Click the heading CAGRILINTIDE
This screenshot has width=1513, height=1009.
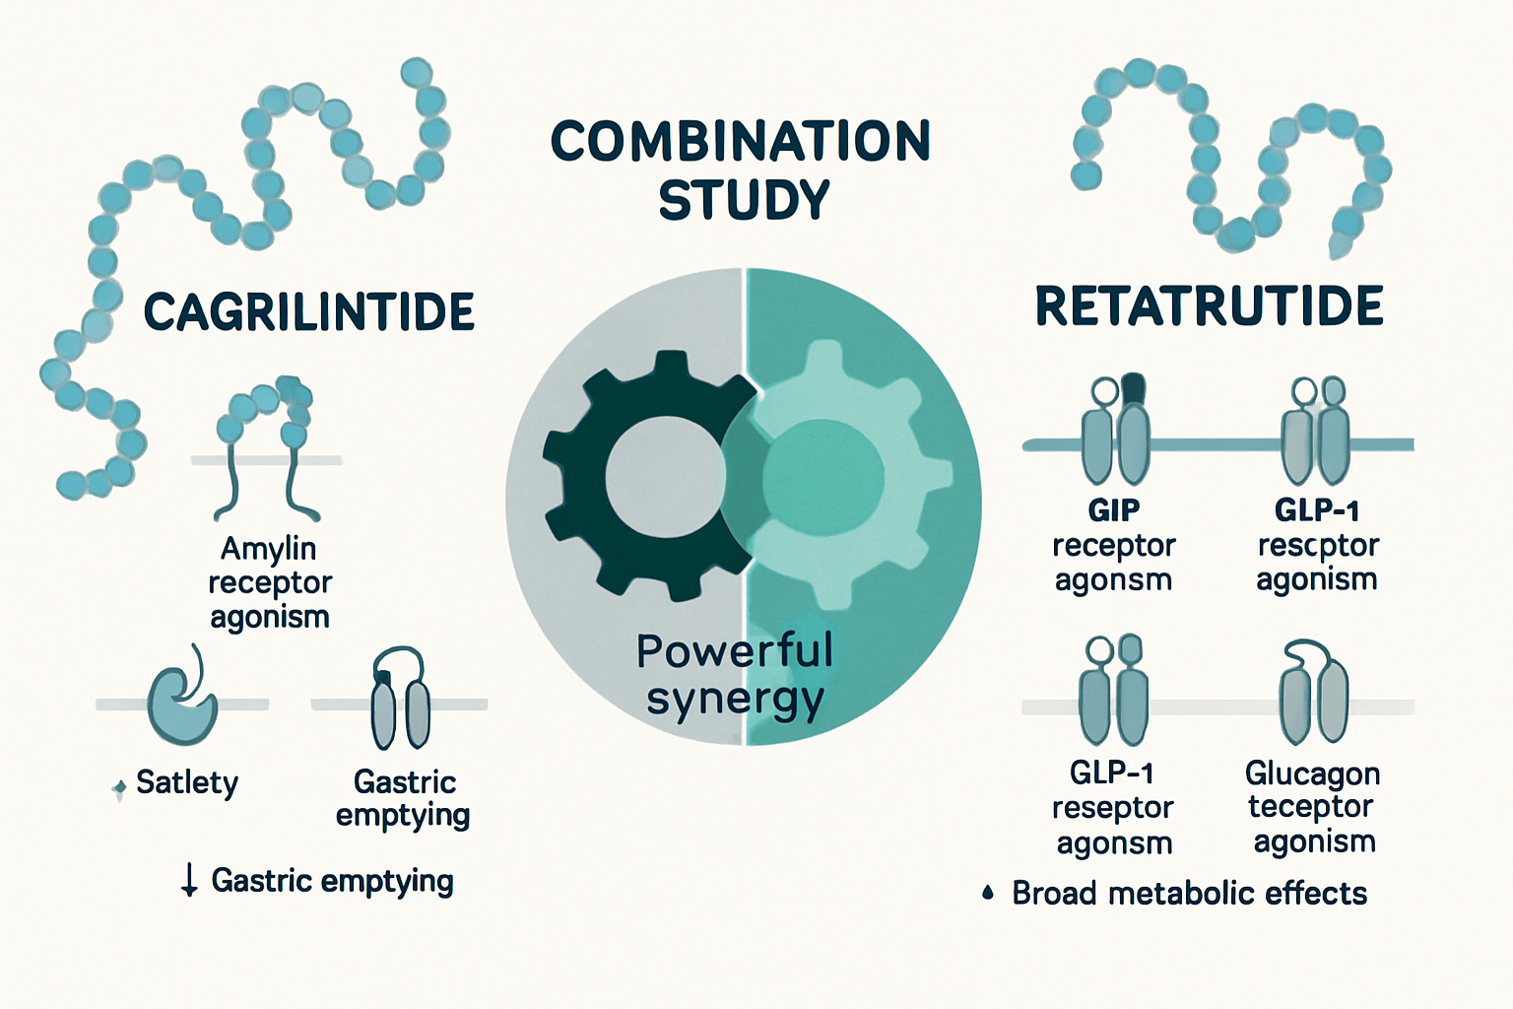[308, 312]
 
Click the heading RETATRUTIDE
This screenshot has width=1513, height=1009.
[1209, 306]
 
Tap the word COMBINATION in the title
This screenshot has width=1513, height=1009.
[740, 142]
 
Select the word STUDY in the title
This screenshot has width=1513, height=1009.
[744, 200]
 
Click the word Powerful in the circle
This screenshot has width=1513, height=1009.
[734, 651]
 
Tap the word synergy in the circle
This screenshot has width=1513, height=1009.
[734, 700]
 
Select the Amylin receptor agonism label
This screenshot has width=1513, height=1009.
[269, 582]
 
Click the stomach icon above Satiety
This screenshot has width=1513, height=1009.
[182, 702]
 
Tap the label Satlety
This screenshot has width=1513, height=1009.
[187, 783]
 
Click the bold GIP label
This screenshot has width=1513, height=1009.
[1113, 510]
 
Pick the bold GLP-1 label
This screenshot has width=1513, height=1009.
[1317, 510]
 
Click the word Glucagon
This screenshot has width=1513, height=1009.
[1312, 774]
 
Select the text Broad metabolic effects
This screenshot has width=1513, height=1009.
[1189, 894]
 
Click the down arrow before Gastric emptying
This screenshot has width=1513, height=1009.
[189, 880]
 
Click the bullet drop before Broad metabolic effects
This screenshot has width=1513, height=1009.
[988, 894]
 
